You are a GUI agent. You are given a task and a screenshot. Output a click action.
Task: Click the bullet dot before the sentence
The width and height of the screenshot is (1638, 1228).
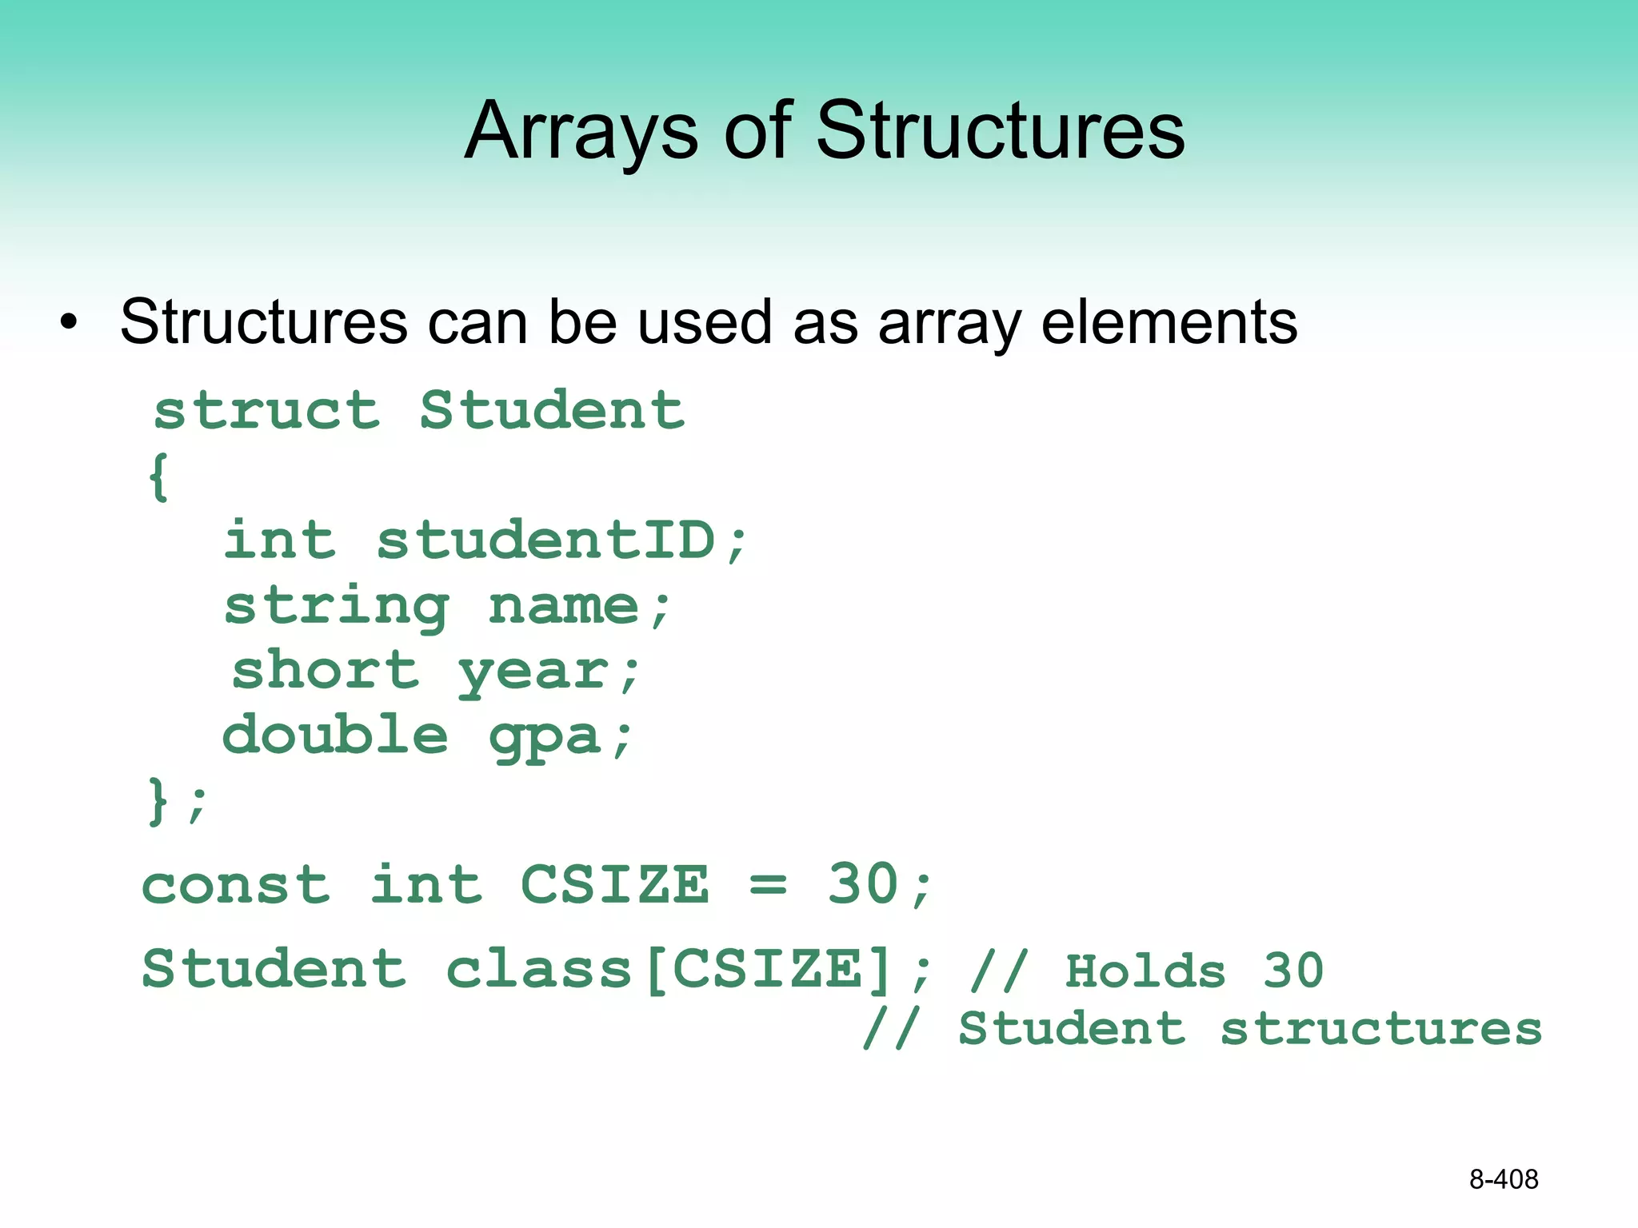70,323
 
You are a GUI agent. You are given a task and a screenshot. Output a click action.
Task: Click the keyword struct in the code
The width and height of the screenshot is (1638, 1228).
267,411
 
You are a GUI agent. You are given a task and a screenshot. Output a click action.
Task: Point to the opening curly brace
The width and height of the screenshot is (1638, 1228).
159,477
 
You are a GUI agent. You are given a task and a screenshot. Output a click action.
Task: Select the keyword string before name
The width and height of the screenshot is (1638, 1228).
336,606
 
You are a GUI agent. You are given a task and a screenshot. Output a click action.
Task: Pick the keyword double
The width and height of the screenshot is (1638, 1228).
335,735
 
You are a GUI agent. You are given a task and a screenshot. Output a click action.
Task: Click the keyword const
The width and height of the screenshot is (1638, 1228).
236,886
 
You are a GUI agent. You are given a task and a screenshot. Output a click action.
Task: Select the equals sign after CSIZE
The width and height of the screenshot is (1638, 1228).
768,886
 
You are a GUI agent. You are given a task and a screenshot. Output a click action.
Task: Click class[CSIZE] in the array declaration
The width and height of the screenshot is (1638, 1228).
669,970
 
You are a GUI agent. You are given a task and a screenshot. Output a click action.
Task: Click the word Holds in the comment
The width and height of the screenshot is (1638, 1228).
1145,971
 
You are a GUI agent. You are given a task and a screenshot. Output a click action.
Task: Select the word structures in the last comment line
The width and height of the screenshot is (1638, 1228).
1381,1029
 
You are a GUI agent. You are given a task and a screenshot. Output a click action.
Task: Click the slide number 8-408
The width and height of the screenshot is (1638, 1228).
1504,1179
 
